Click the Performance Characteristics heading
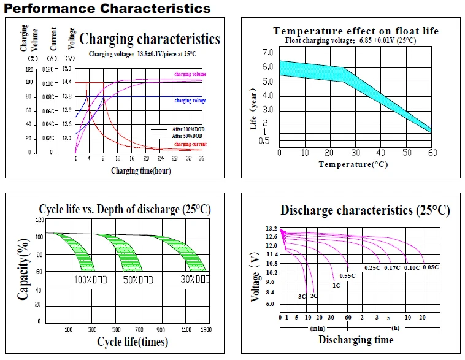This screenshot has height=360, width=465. click(x=108, y=8)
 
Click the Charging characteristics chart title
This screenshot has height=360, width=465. click(x=150, y=39)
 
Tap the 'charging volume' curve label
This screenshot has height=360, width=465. click(x=190, y=74)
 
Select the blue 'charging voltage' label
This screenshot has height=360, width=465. click(x=190, y=101)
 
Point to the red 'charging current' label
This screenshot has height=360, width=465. click(x=190, y=144)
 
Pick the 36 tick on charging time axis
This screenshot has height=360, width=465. click(x=201, y=158)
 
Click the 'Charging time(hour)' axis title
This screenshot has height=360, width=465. click(x=140, y=171)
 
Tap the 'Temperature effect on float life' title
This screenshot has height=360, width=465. click(x=356, y=31)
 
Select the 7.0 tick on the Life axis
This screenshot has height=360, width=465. click(x=267, y=52)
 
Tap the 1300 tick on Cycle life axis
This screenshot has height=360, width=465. click(x=206, y=330)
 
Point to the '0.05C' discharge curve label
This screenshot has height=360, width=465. click(x=431, y=267)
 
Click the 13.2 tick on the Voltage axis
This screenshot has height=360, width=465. click(x=272, y=229)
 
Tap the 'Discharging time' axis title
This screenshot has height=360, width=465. click(x=356, y=340)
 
